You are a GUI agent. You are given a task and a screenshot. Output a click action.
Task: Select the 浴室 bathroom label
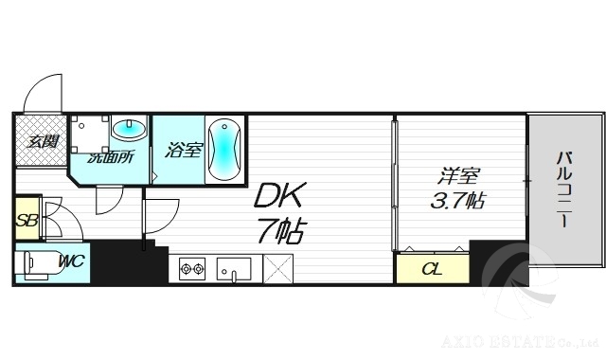[x=183, y=150]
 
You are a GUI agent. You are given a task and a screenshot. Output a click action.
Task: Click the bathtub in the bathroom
[x=224, y=149]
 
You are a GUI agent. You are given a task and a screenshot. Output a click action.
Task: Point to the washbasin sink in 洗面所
[x=129, y=129]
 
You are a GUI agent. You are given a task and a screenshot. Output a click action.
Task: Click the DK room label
[x=277, y=197]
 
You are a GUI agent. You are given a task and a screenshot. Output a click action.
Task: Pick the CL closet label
[x=431, y=269]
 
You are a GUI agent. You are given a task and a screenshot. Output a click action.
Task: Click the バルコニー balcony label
[x=563, y=189]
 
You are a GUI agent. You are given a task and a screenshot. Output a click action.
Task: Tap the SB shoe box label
[x=26, y=223]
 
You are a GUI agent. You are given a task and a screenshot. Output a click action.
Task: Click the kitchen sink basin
[x=233, y=269]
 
